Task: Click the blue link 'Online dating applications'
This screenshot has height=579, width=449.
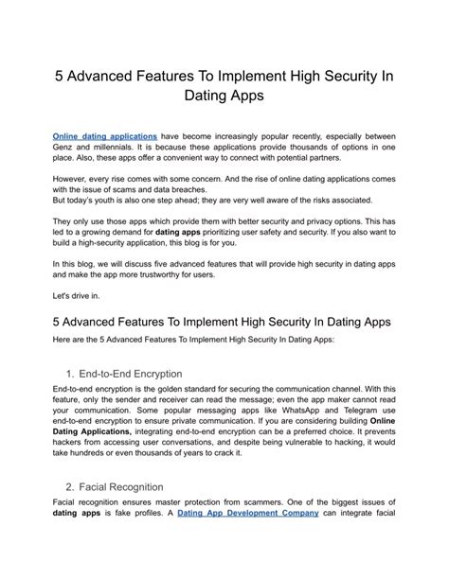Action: (104, 136)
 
